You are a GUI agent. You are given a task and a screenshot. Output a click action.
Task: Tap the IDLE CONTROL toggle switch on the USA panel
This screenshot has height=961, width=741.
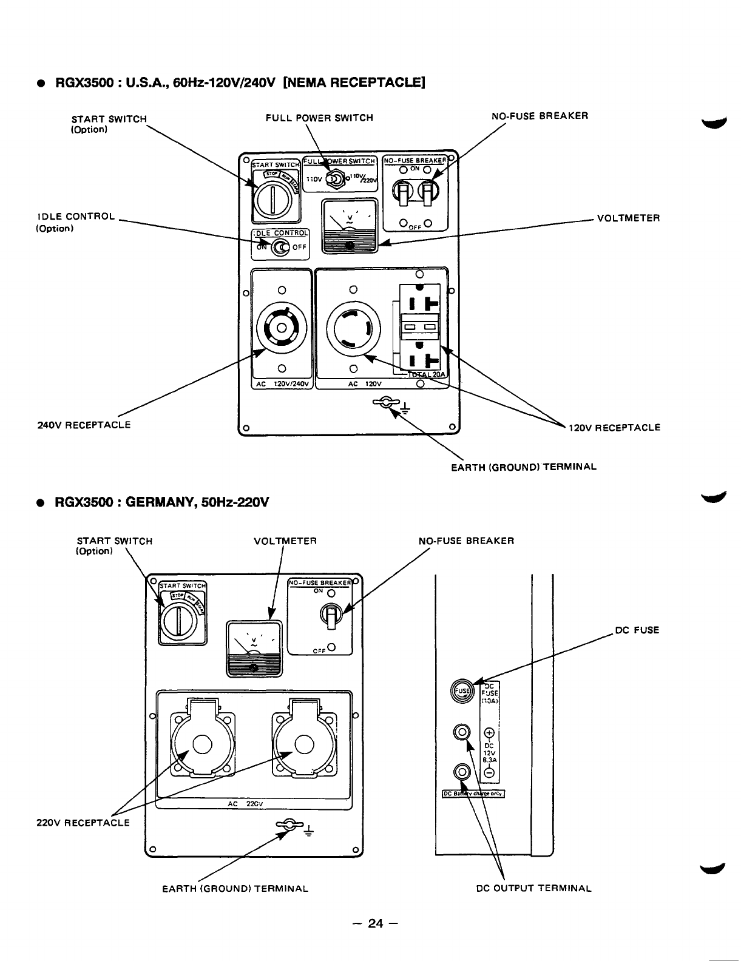[x=280, y=248]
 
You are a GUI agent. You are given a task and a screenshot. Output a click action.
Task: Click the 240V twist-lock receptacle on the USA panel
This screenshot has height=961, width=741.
[x=281, y=328]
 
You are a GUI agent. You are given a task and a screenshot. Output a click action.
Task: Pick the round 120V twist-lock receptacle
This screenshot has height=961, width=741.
[x=353, y=329]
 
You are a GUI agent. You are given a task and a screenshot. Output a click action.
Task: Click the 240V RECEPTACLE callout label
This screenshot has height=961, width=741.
[x=84, y=425]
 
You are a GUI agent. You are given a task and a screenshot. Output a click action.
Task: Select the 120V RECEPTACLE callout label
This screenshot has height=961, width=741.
[x=614, y=427]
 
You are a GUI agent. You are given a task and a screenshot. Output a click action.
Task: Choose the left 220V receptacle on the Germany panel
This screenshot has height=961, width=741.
[x=201, y=744]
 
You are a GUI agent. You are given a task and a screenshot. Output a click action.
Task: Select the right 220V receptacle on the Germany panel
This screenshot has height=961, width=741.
[x=304, y=744]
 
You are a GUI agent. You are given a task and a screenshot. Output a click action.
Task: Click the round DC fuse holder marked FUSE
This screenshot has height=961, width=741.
[x=463, y=690]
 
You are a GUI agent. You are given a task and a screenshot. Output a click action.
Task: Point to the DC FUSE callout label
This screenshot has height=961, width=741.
[x=637, y=630]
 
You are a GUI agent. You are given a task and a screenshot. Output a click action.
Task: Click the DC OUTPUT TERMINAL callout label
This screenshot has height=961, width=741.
[x=533, y=889]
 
